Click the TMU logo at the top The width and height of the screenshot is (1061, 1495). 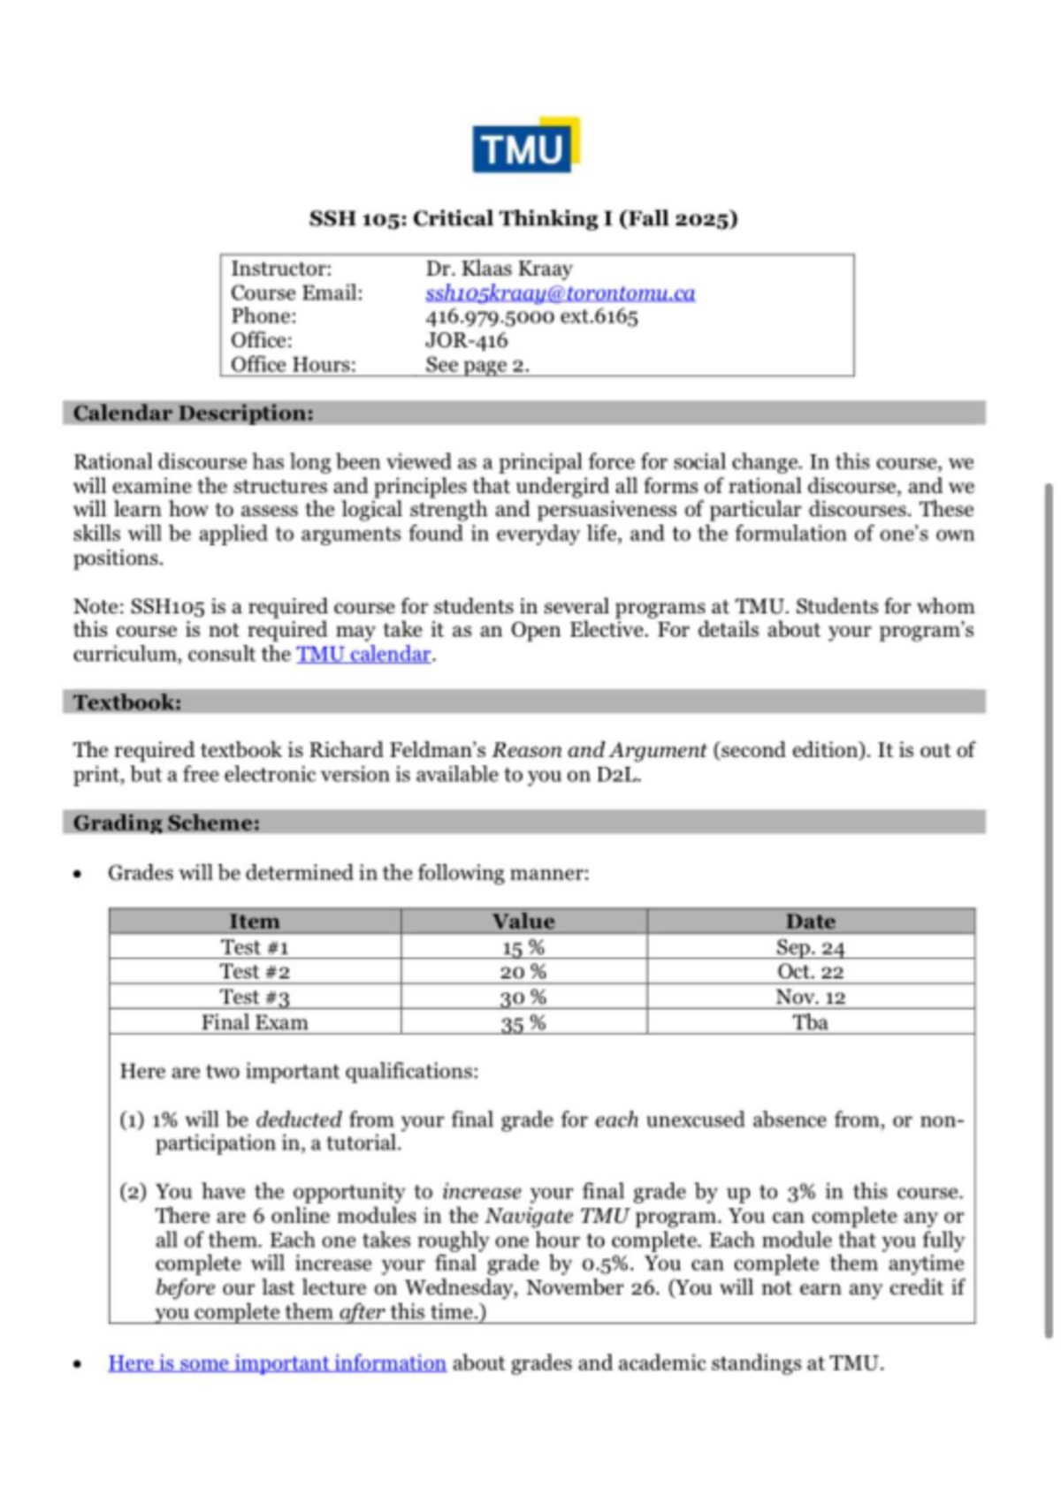point(525,146)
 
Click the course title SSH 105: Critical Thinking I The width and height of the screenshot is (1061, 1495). point(523,218)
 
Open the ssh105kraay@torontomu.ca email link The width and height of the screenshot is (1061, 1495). point(560,292)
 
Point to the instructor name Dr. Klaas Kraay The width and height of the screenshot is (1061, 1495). point(499,268)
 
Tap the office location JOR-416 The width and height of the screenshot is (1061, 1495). point(466,340)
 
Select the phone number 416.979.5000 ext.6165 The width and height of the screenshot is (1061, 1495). point(530,316)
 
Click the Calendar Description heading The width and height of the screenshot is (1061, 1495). point(193,413)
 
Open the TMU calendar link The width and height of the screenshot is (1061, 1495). point(363,654)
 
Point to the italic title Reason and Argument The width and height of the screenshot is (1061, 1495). point(599,750)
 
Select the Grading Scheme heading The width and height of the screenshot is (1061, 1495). point(166,823)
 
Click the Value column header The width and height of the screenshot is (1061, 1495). point(523,921)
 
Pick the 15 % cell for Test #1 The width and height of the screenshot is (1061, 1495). point(523,947)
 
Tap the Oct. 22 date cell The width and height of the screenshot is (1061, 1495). point(810,972)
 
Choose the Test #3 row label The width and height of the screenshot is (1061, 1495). point(255,997)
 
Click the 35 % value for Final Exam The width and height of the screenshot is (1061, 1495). point(523,1023)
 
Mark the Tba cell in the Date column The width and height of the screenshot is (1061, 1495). point(810,1022)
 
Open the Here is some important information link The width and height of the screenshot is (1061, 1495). point(277,1362)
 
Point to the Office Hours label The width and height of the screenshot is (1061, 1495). point(293,364)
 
